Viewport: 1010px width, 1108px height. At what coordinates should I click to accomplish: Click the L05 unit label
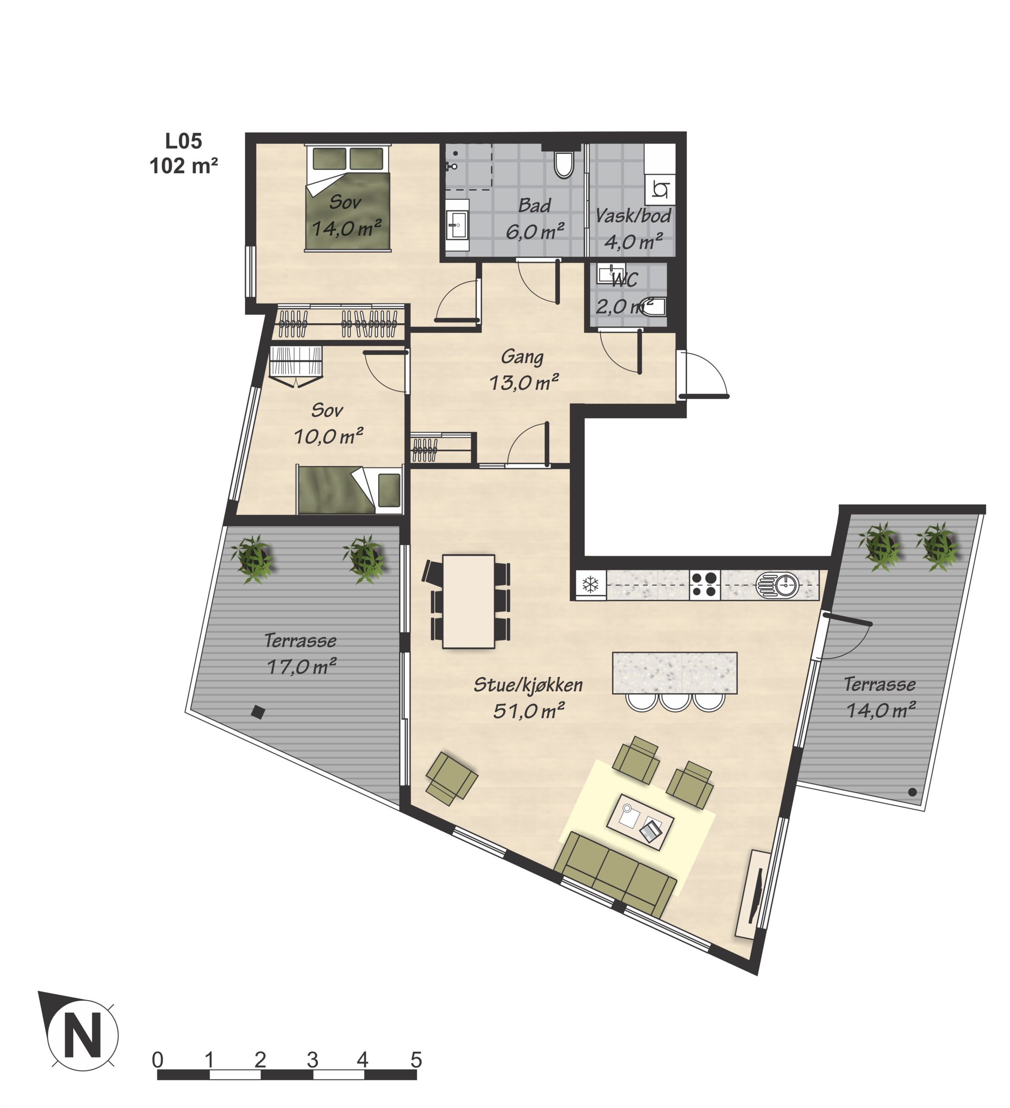(x=183, y=141)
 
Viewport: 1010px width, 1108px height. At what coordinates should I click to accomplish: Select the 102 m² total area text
(x=183, y=165)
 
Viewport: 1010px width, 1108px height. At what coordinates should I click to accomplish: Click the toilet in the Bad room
(x=563, y=164)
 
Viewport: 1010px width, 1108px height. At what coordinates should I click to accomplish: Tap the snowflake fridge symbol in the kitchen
(x=591, y=584)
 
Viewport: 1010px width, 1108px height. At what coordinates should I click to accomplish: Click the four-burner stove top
(x=705, y=584)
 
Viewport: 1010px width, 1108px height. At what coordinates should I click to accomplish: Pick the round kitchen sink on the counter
(x=778, y=585)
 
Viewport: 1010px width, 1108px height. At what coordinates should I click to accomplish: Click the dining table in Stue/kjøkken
(x=469, y=601)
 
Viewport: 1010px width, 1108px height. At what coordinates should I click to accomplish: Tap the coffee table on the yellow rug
(x=640, y=821)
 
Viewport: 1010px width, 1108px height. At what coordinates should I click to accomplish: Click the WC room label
(x=624, y=280)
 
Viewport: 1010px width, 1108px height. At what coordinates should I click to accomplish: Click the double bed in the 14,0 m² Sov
(x=348, y=198)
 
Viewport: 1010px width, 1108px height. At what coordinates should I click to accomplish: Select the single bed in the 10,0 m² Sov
(x=350, y=489)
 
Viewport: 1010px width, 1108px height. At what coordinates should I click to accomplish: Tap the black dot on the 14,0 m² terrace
(x=912, y=792)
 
